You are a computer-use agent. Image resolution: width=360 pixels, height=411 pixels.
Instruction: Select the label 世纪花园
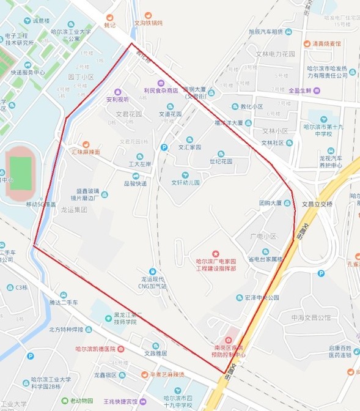coord(221,161)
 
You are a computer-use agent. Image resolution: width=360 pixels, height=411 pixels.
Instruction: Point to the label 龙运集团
coord(74,209)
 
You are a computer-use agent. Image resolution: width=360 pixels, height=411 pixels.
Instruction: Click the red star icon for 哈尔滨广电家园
coord(215,253)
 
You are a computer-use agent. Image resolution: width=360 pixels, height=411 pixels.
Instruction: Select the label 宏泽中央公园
coord(262,298)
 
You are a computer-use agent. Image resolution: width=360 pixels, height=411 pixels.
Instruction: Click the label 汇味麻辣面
coord(86,151)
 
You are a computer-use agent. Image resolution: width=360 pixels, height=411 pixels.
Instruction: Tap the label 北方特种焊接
coord(70,330)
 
